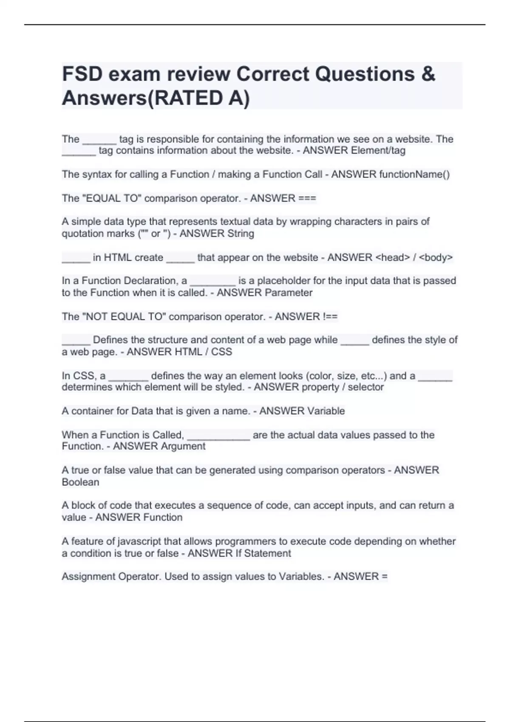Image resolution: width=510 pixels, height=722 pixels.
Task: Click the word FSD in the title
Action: (82, 74)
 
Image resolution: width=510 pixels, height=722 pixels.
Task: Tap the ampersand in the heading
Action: (428, 74)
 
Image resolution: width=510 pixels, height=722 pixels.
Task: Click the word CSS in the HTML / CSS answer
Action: (222, 352)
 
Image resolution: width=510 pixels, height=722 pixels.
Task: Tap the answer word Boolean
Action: (80, 482)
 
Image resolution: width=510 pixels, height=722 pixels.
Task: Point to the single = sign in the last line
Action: (385, 577)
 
